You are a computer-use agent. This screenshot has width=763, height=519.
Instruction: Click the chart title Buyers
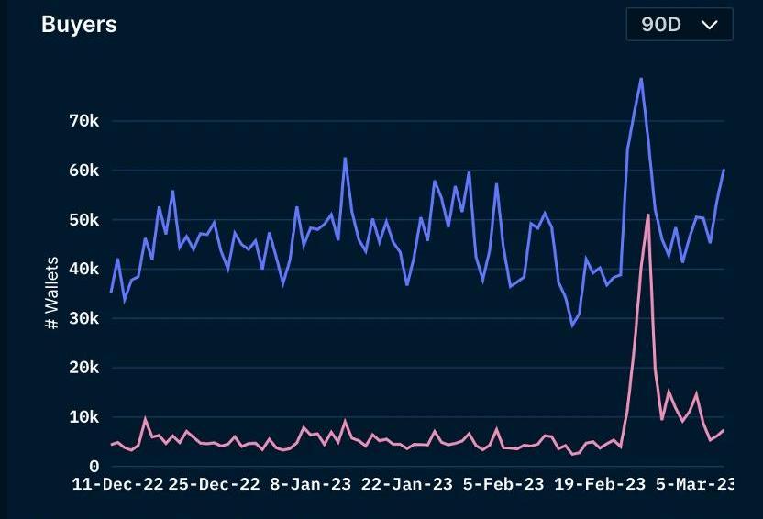tap(79, 25)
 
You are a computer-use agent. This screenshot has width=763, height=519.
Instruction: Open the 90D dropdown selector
tap(679, 25)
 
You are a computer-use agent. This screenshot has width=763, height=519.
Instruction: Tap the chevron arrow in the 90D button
tap(709, 25)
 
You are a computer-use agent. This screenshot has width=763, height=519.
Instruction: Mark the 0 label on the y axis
tap(93, 467)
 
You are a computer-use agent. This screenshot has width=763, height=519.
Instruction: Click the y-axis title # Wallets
tap(52, 293)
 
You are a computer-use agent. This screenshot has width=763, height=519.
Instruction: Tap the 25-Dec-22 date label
tap(214, 484)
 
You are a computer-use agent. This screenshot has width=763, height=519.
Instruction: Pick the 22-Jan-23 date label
tap(407, 484)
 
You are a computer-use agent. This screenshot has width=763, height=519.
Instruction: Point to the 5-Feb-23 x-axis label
tap(503, 484)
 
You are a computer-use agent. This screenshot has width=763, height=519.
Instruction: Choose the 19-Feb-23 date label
tap(600, 484)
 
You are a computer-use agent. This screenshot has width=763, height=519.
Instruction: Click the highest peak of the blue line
tap(641, 79)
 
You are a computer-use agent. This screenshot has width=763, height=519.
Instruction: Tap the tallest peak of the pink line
tap(648, 215)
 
